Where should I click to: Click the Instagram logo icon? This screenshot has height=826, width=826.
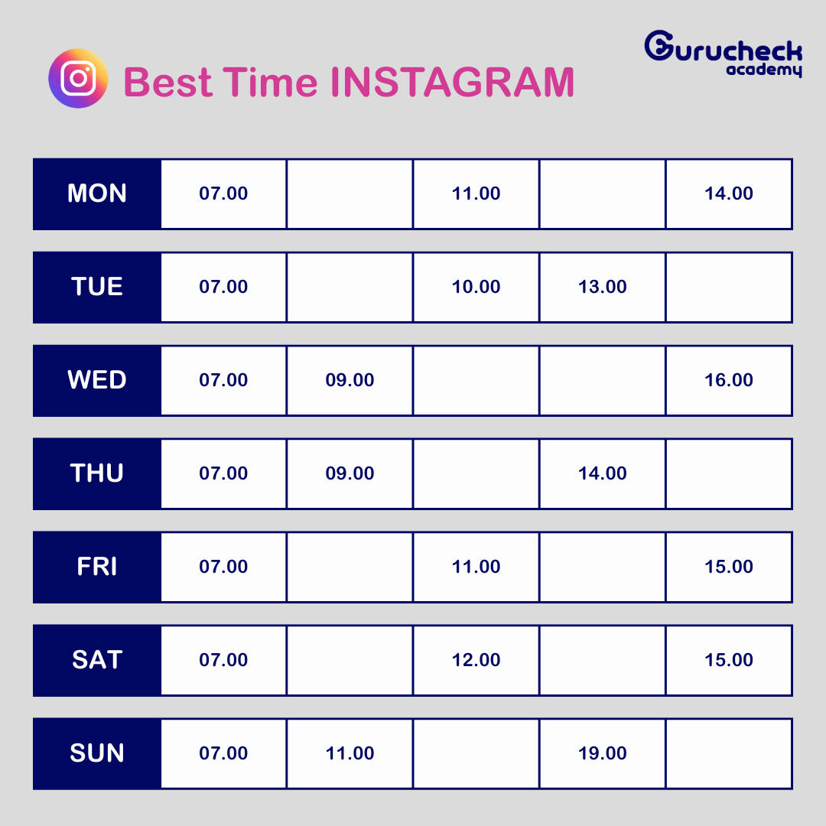point(78,79)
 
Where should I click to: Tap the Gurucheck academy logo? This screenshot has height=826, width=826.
point(724,54)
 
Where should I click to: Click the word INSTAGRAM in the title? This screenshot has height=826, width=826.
point(452,82)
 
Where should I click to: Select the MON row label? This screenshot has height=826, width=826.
point(97,193)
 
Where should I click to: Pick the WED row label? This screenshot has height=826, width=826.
point(97,380)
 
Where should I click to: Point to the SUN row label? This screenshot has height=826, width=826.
point(97,753)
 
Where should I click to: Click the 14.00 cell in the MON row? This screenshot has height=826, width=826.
point(729,193)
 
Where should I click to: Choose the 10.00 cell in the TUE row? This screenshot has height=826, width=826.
point(476,287)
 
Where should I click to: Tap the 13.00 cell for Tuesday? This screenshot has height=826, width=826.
point(603,287)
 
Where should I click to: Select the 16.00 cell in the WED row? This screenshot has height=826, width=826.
point(729,380)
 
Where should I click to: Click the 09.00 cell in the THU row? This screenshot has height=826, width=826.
point(350,473)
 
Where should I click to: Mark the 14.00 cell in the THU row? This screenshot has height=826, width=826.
point(603,473)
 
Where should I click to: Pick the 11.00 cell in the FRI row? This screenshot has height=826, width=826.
point(476,567)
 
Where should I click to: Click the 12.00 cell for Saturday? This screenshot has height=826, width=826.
point(476,660)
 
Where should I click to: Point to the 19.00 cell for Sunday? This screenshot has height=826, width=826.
point(603,753)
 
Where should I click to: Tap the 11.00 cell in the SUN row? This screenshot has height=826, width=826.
point(350,753)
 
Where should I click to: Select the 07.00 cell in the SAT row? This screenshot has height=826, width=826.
point(223,660)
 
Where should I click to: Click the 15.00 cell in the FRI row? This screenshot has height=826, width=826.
point(729,567)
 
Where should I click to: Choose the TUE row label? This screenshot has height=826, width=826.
point(97,287)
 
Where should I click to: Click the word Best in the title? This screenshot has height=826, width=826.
point(167,82)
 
